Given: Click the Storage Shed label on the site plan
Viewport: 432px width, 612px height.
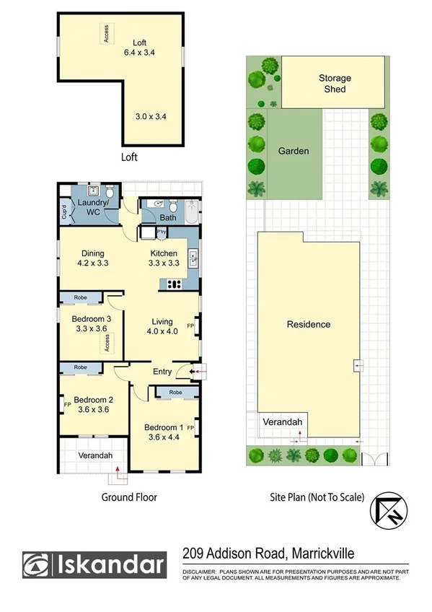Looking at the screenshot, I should point(335,84).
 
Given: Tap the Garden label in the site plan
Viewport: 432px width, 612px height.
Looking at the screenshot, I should point(294,152).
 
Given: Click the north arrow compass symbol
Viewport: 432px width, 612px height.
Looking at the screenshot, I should point(384,510).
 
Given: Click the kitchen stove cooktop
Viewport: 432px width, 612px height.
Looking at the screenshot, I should point(172,284).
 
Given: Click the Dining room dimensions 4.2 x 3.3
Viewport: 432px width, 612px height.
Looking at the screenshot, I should point(93,263).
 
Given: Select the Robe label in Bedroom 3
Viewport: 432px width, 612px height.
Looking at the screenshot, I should point(81,297).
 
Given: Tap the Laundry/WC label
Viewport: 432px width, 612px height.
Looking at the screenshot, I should point(92,208).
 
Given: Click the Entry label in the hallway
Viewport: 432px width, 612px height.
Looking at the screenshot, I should point(162,371).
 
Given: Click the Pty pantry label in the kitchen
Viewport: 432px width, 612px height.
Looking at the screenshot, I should point(162,232).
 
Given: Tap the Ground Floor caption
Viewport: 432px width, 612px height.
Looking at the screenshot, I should point(130,497).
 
